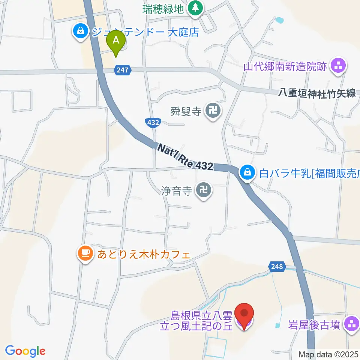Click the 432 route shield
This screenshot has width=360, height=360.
click(x=153, y=122)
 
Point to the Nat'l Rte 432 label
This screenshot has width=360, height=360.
click(x=185, y=157)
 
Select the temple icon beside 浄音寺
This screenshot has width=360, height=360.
click(x=204, y=191)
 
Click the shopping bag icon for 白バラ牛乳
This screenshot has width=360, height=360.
click(x=247, y=173)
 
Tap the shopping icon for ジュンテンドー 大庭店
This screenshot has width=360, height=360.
click(x=81, y=31)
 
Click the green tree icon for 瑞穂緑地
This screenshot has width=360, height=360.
click(x=195, y=8)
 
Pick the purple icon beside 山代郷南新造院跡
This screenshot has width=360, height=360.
click(x=339, y=67)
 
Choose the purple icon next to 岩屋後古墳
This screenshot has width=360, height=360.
click(x=352, y=324)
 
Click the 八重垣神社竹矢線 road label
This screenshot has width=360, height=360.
click(x=317, y=93)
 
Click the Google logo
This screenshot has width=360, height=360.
click(x=25, y=351)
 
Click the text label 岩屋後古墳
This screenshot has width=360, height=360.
click(x=314, y=324)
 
